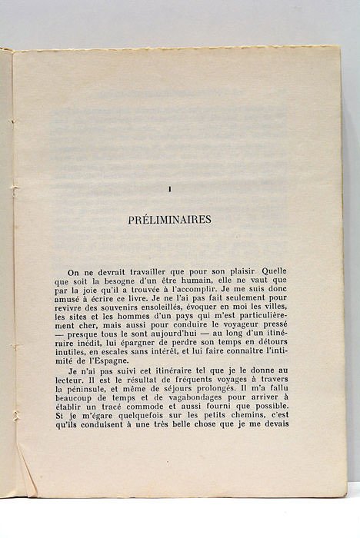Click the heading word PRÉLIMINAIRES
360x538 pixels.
tap(169, 219)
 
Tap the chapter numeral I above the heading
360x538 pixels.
tap(169, 190)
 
